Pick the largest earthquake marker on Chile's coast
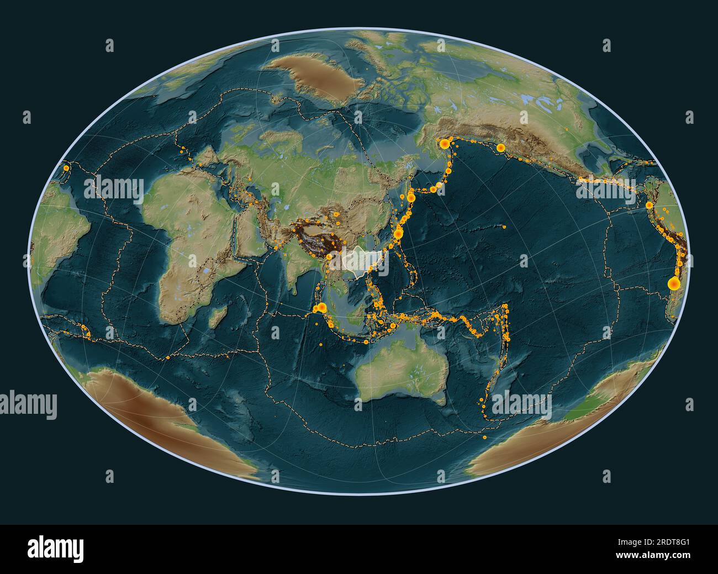[673, 283]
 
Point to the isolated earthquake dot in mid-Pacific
[504, 227]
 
